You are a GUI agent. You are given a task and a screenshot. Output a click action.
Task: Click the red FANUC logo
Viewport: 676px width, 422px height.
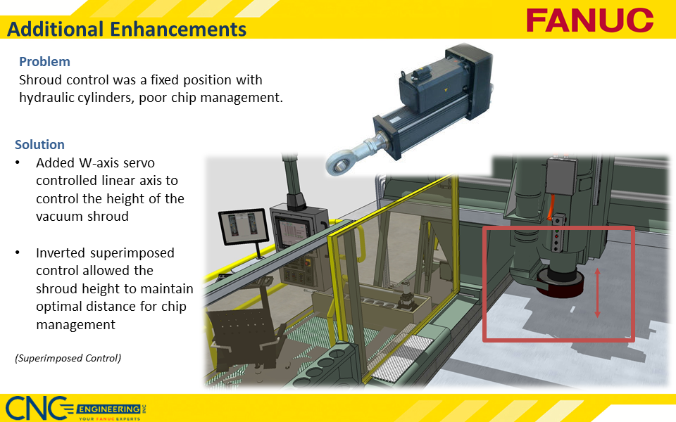(589, 20)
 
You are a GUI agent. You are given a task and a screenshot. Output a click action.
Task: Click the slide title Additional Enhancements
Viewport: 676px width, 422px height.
(127, 30)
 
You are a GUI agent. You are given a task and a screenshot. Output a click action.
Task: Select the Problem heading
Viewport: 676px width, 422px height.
(44, 61)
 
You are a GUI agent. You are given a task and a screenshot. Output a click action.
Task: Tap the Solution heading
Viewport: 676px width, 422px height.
(39, 144)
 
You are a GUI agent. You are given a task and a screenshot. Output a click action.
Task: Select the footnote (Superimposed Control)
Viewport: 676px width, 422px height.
(68, 358)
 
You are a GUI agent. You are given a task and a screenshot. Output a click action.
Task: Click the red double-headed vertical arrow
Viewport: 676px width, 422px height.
(597, 293)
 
